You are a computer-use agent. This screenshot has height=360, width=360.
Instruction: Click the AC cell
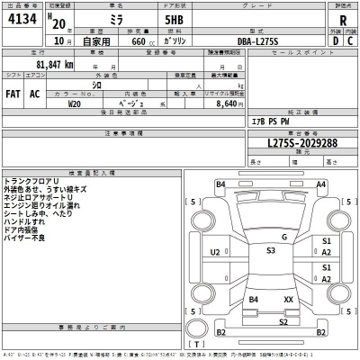coord(35,94)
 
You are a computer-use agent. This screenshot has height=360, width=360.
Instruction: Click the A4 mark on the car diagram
coord(320,184)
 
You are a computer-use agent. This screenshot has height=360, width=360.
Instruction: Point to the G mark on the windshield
coord(283,237)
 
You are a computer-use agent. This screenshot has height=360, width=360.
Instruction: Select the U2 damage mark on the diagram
coord(215,253)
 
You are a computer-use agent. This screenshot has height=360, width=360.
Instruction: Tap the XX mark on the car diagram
coord(288,298)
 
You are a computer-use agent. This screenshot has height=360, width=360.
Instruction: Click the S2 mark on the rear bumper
coord(283,321)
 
